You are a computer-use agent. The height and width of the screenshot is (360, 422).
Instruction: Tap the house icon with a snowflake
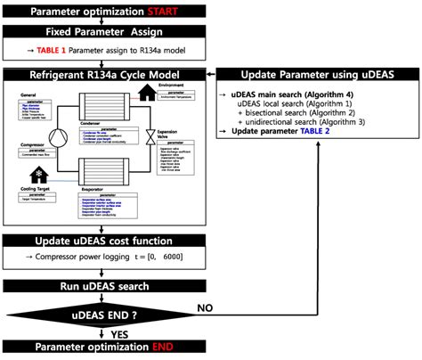point(39,175)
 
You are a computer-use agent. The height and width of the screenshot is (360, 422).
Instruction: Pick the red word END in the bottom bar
point(166,347)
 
